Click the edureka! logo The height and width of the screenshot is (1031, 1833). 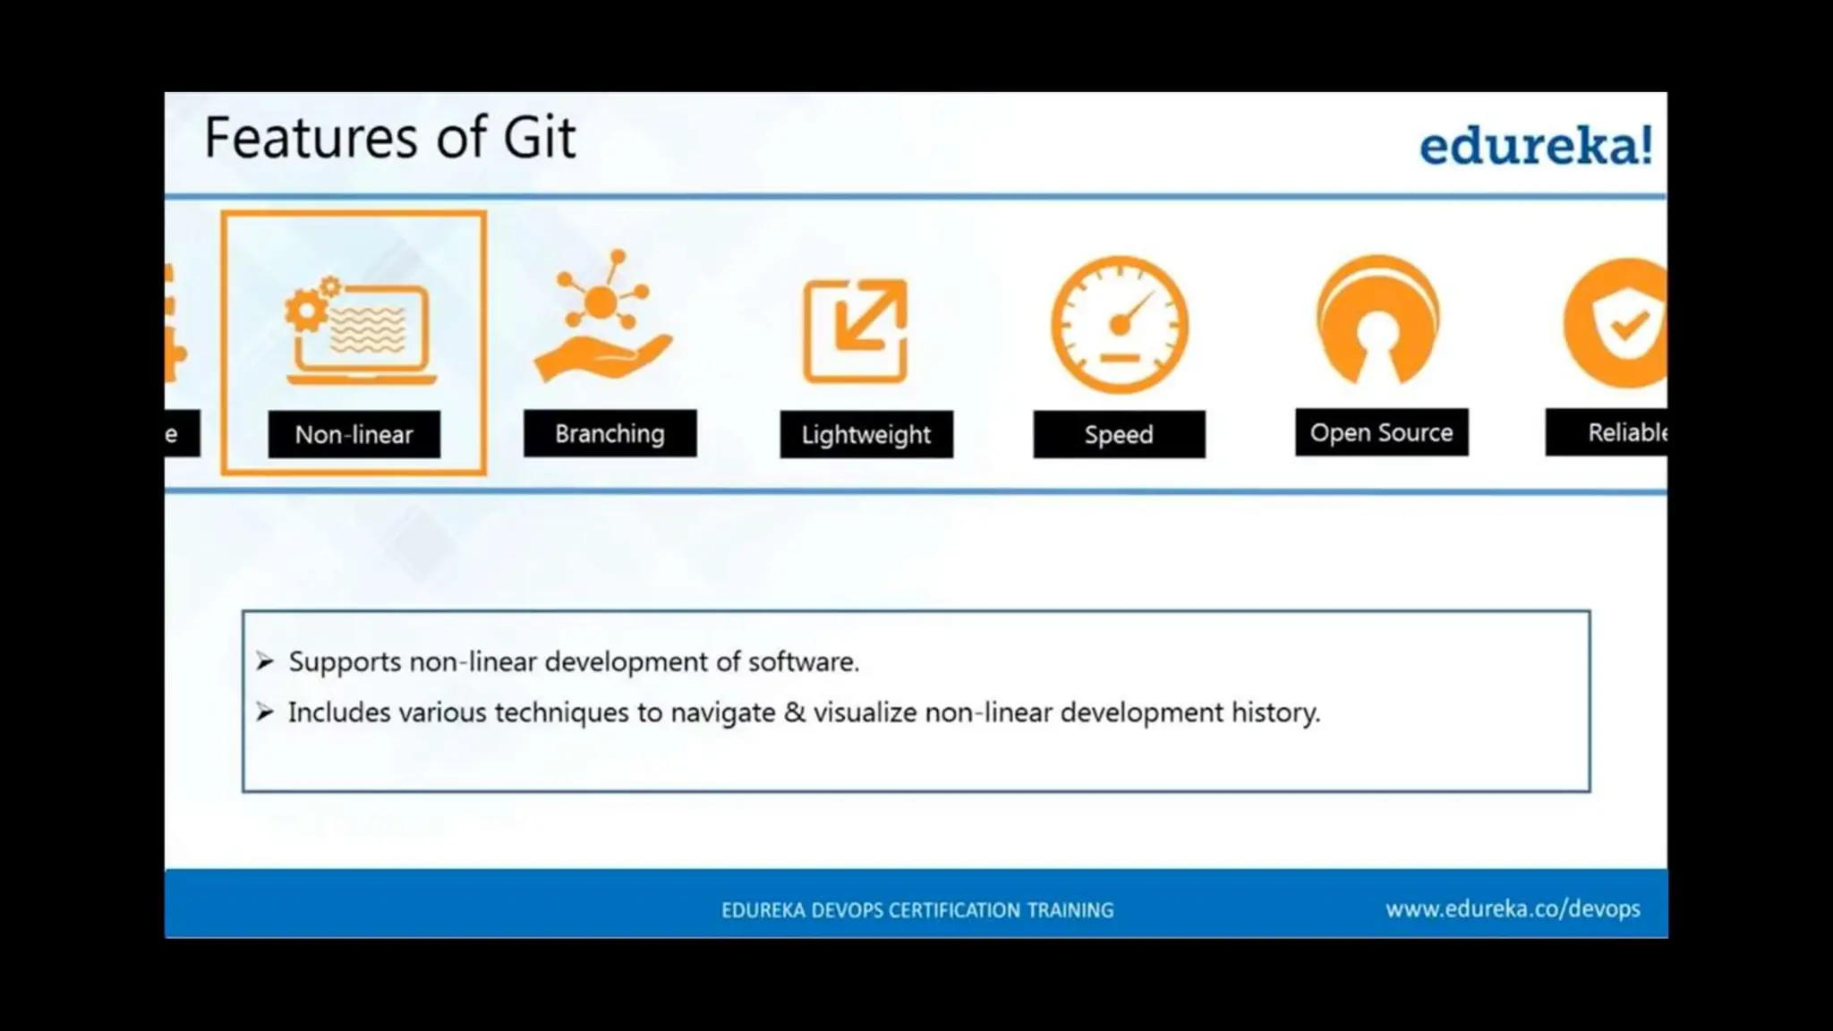(x=1535, y=146)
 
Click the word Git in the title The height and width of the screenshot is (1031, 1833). (x=539, y=139)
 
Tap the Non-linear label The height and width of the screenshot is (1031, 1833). (x=354, y=435)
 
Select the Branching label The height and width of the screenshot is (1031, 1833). (x=610, y=434)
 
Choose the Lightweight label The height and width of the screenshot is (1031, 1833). (x=865, y=435)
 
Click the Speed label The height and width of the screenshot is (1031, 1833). (x=1119, y=435)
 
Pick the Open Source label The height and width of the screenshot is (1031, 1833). (x=1381, y=433)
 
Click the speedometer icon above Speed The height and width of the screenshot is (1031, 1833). (x=1119, y=325)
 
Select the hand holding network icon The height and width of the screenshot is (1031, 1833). (x=602, y=318)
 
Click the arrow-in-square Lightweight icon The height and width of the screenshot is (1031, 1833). (x=856, y=330)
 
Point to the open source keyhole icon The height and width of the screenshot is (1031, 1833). (x=1378, y=320)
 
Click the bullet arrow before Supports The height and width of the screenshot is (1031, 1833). (x=264, y=661)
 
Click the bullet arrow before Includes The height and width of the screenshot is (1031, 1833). (x=264, y=712)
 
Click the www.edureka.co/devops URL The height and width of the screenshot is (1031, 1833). (x=1513, y=909)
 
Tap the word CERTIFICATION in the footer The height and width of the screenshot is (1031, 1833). (x=954, y=910)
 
